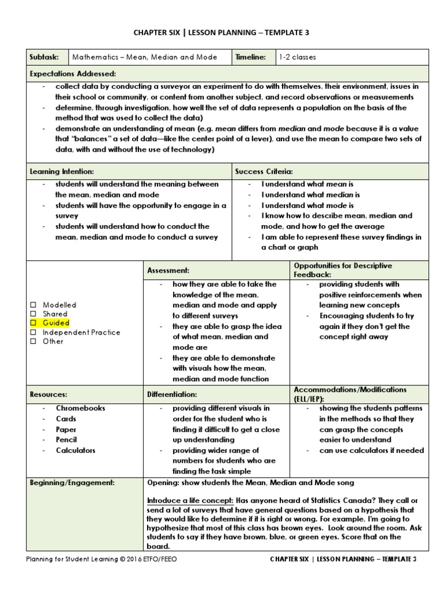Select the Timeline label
tap(250, 57)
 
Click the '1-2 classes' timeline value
tap(297, 57)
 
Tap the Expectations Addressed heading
tap(73, 74)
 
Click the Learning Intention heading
tap(62, 171)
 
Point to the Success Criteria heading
tap(264, 171)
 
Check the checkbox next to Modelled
tap(33, 305)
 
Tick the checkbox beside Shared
tap(33, 314)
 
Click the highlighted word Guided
tap(56, 323)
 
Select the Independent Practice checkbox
tap(33, 332)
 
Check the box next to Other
tap(33, 341)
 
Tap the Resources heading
tap(48, 394)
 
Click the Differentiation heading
tap(172, 394)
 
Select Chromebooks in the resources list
tap(80, 408)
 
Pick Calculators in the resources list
tap(76, 450)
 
